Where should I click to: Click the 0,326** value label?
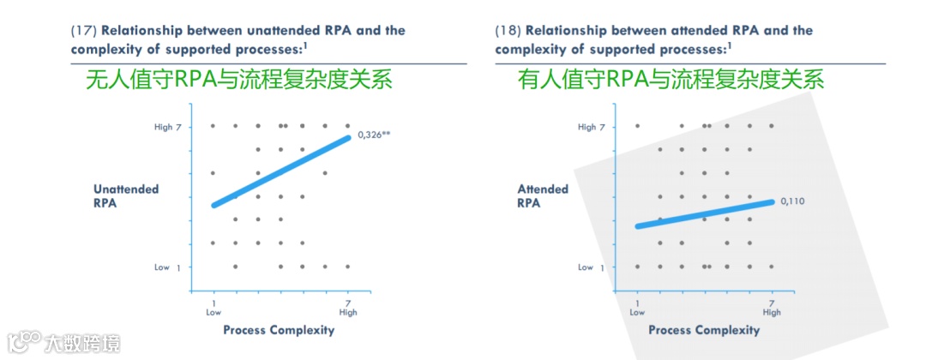pos(373,135)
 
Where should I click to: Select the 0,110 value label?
pos(794,201)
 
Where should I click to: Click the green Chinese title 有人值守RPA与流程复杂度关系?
pos(670,81)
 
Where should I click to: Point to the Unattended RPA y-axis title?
pos(126,196)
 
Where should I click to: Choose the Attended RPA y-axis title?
pos(542,196)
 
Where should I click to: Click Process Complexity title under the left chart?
pos(279,330)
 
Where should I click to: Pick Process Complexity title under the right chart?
pos(704,330)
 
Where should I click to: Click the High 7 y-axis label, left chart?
pos(168,127)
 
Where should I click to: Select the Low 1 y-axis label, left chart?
pos(168,267)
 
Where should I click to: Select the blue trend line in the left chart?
pos(281,171)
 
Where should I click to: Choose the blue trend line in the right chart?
pos(705,214)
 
